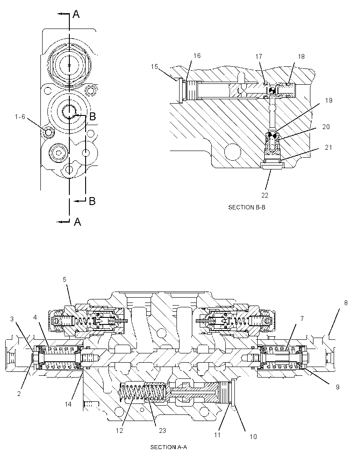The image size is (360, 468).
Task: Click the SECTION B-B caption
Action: tap(247, 207)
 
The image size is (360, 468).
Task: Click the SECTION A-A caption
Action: tap(169, 447)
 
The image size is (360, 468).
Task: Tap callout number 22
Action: tap(265, 195)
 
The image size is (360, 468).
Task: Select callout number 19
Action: tap(329, 100)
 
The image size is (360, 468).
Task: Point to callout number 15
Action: tap(155, 66)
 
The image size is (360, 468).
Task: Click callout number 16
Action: tap(197, 55)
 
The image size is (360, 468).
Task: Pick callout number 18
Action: tap(301, 56)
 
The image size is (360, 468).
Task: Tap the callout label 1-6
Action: tap(20, 117)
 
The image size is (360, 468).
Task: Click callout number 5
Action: tap(65, 280)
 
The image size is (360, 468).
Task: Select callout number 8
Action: tap(346, 303)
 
